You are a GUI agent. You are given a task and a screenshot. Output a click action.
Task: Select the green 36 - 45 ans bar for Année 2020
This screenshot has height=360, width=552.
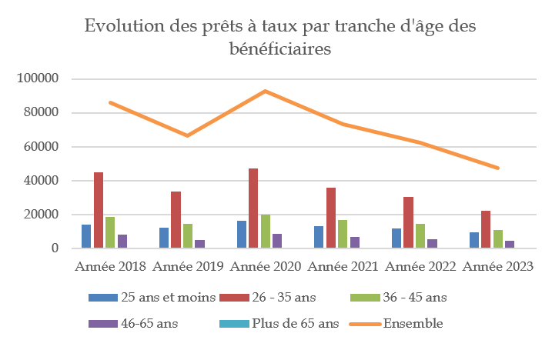click(265, 232)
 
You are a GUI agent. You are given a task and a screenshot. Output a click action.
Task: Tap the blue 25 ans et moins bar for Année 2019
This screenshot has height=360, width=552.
click(164, 238)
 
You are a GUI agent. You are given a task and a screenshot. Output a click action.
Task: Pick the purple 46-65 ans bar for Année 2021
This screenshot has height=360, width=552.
click(355, 242)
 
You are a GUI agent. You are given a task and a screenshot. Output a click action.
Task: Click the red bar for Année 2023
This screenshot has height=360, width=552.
click(486, 229)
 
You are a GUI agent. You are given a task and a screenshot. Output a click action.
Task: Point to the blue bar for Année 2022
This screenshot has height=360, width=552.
click(396, 238)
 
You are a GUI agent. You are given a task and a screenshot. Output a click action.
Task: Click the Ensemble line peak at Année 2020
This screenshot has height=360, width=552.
click(265, 91)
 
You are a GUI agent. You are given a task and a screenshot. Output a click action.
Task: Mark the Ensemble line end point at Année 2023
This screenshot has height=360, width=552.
click(497, 168)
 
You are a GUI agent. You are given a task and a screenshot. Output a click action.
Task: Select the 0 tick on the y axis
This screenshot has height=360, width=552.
click(55, 248)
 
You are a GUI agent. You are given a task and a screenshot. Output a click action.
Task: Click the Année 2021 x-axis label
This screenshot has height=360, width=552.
click(343, 267)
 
